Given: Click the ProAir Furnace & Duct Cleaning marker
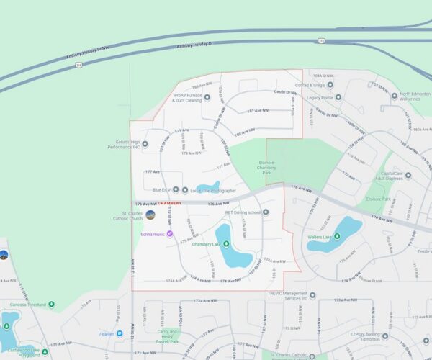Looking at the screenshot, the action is [207, 97].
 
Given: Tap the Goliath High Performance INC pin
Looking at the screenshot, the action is [145, 144].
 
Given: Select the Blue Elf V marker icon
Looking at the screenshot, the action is [174, 190].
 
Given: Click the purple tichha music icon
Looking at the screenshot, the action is [170, 234].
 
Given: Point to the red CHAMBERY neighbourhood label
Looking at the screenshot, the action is [169, 203].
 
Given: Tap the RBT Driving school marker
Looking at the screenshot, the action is [265, 212].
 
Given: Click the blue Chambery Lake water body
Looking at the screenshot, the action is [232, 246].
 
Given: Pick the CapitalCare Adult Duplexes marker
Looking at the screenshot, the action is [408, 174].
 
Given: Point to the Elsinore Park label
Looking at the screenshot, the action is [377, 199].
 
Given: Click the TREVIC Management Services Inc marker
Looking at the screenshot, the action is [312, 294].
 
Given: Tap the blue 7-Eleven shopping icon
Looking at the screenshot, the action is [120, 333].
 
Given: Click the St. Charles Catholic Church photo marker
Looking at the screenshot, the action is [150, 215].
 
